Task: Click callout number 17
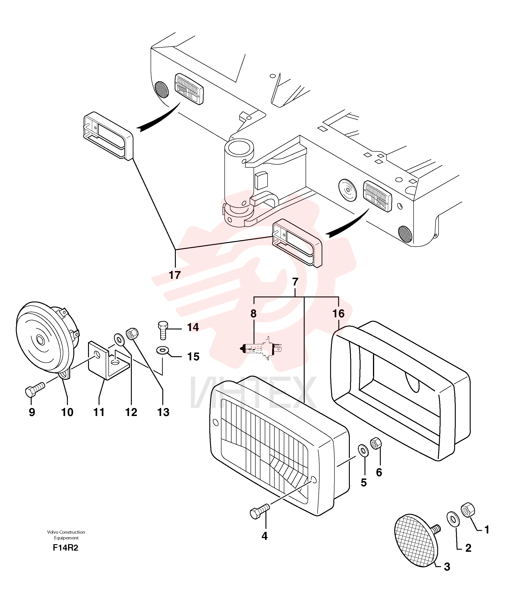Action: click(x=175, y=275)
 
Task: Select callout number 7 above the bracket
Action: click(x=295, y=282)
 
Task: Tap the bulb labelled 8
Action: click(x=261, y=349)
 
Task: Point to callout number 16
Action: click(x=338, y=313)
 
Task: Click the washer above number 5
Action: click(x=363, y=450)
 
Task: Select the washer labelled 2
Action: click(x=453, y=519)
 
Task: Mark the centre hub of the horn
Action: click(x=40, y=340)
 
